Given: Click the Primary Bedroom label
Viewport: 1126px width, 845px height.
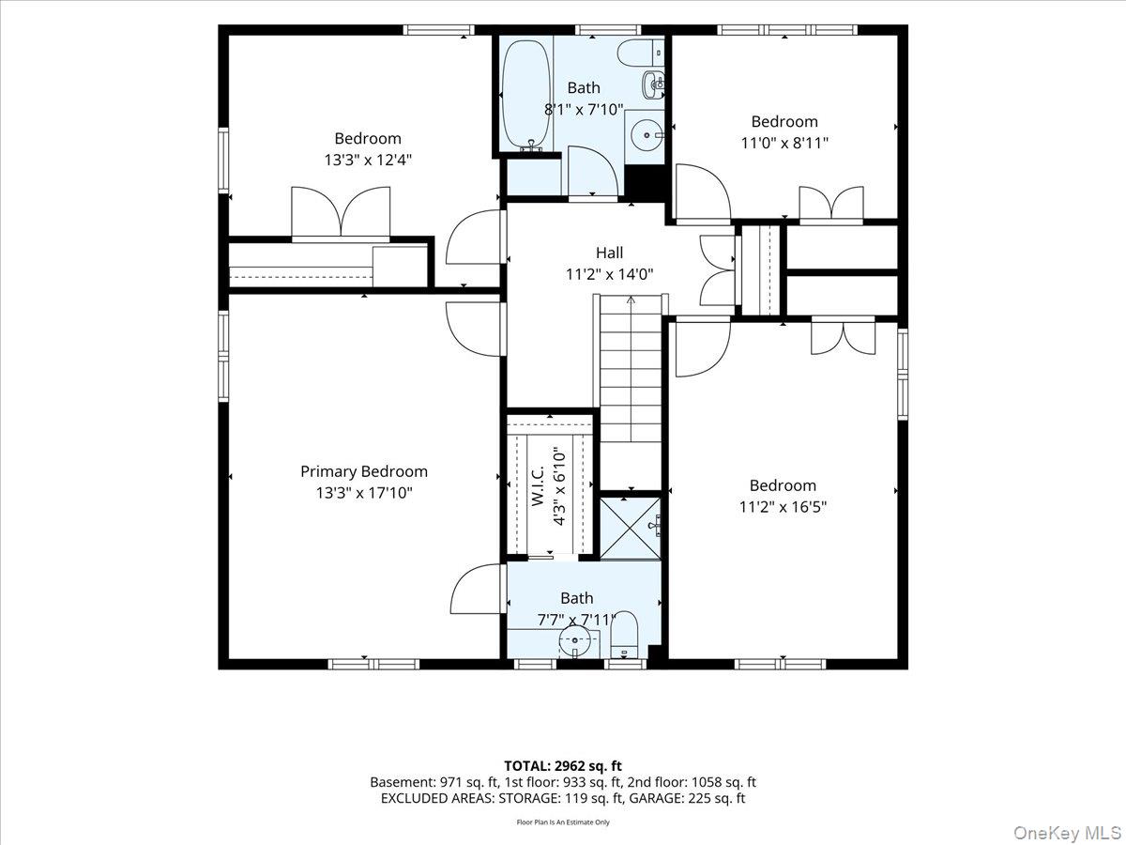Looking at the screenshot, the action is (364, 471).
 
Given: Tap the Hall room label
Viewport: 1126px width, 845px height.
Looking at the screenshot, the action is (609, 253).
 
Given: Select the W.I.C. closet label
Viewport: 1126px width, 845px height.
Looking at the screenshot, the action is (537, 485).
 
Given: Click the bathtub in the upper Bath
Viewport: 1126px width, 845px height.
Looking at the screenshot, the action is (526, 96).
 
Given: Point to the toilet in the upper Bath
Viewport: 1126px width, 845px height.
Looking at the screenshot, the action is (640, 54).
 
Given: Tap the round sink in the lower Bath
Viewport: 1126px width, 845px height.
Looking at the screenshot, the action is (574, 641).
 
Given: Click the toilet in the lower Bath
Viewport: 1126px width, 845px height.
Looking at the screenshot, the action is (624, 636).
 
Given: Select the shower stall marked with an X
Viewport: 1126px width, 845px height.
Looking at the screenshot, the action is (631, 529).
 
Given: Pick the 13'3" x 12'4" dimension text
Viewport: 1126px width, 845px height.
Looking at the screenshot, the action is (368, 160).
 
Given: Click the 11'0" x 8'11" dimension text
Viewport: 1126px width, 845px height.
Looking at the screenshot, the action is (784, 143).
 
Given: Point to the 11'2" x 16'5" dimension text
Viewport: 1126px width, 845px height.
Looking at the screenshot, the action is (783, 507).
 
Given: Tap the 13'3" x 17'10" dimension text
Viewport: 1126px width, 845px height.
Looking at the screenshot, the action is (364, 493).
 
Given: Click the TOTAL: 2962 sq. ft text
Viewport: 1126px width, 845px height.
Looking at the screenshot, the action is (563, 766).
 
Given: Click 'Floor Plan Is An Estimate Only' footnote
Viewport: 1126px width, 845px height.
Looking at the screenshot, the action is (563, 822).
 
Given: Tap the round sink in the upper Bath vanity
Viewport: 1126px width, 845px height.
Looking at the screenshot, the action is (647, 135).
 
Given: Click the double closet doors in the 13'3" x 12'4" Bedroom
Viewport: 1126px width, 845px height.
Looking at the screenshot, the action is (341, 213).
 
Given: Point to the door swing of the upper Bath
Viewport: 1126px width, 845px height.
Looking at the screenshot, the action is (592, 171).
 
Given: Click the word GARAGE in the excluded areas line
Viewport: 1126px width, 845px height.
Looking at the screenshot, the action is (656, 798).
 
